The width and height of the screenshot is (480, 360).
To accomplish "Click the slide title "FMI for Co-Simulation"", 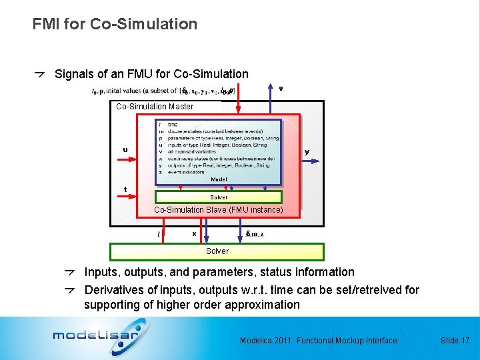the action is click(115, 24).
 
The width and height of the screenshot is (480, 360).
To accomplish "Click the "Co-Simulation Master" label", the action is click(155, 107).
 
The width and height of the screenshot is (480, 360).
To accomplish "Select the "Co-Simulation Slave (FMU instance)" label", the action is click(219, 210).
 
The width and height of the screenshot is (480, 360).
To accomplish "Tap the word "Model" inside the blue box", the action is click(219, 180).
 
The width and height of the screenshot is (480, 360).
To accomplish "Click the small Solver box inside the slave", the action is click(219, 197).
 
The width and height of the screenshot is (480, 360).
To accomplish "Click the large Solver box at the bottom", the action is click(217, 251).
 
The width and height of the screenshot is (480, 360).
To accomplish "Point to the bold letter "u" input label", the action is click(125, 149).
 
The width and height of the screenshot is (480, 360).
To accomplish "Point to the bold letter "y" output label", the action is click(307, 152).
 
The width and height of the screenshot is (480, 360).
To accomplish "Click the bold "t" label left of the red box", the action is click(126, 189).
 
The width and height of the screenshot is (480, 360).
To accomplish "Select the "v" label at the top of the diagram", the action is click(281, 87).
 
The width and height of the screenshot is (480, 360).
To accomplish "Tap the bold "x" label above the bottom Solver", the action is click(194, 233).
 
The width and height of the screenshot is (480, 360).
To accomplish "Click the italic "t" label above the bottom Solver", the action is click(158, 234).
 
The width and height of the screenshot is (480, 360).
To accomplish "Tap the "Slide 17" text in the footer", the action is click(455, 341).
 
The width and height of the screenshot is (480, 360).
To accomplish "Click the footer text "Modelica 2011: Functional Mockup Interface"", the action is click(318, 341).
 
